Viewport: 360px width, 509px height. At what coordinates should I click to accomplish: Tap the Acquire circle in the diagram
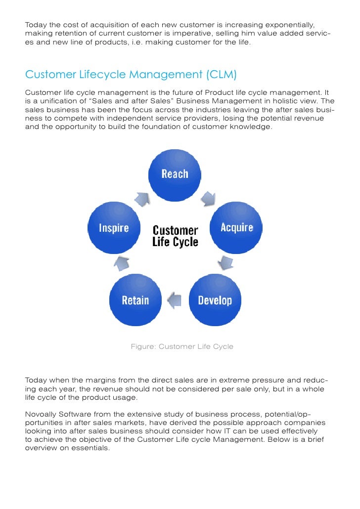(x=236, y=228)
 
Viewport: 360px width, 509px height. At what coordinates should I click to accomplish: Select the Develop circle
(x=215, y=300)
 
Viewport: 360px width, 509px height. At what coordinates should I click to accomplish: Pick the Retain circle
(x=135, y=300)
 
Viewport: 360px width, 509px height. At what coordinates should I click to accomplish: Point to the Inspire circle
(x=114, y=228)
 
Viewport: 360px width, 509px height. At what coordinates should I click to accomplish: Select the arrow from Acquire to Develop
(x=227, y=262)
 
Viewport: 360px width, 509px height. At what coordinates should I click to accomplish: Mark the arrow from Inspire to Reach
(x=142, y=198)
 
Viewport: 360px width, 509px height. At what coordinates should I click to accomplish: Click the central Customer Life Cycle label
(x=175, y=236)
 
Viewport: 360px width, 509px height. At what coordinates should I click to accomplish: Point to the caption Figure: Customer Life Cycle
(x=181, y=347)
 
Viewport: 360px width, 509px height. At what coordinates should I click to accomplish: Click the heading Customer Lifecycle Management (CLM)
(x=131, y=75)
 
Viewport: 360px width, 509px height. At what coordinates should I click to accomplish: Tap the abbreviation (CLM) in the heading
(x=220, y=75)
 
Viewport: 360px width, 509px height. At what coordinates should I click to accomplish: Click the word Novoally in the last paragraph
(x=41, y=414)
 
